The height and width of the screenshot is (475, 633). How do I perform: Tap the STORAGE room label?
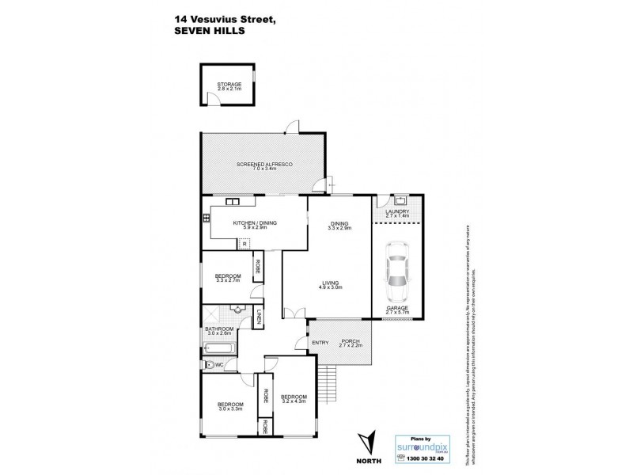tap(229, 84)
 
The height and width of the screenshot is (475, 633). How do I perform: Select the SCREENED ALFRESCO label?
tap(265, 162)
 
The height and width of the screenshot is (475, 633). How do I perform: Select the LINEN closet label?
tap(258, 320)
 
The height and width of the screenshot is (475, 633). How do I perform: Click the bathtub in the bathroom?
tap(218, 348)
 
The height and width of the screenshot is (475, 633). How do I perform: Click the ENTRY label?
tap(320, 342)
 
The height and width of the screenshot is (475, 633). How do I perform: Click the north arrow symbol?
tap(365, 443)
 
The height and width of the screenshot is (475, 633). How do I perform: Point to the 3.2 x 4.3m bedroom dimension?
tap(293, 401)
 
